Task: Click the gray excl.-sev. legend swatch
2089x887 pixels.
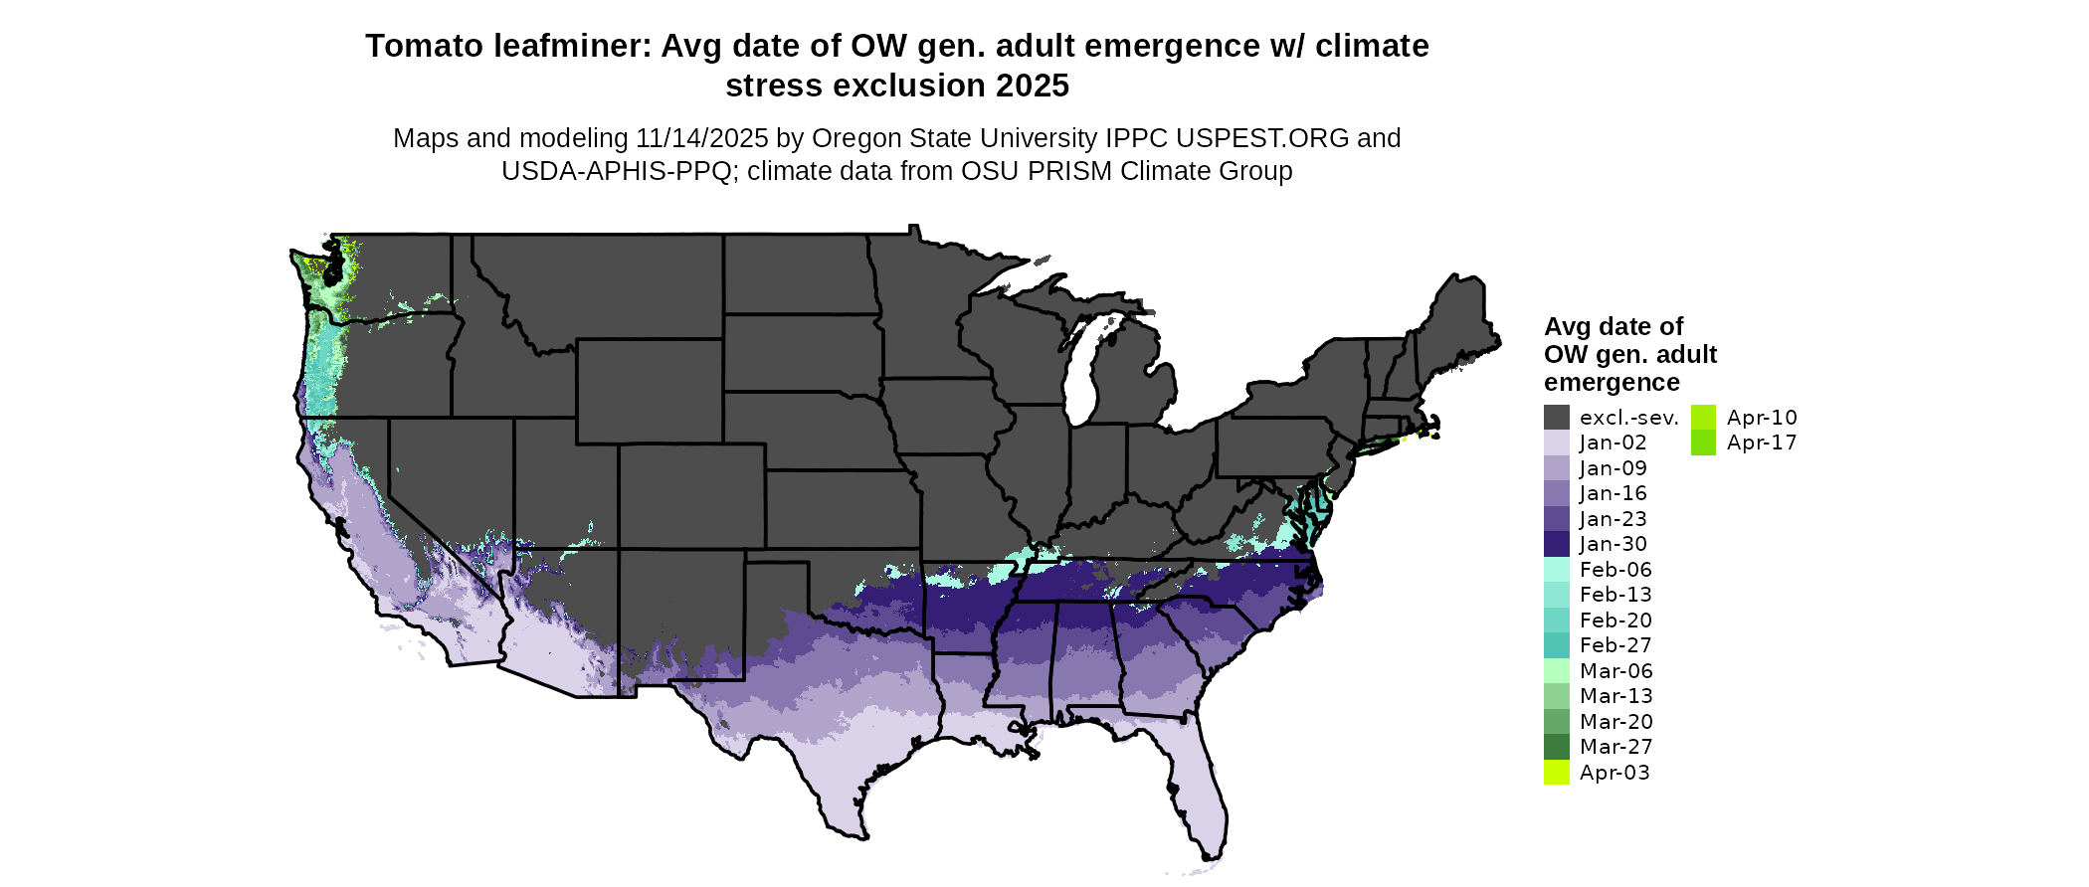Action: tap(1556, 418)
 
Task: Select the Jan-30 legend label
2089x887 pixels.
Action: tap(1613, 544)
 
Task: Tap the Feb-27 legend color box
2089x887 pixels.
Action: tap(1556, 645)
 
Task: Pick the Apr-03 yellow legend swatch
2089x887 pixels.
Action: tap(1556, 773)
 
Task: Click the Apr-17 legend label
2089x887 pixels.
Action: tap(1761, 443)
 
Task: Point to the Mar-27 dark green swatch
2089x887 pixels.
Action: tap(1556, 747)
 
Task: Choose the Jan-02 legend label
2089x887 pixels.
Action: tap(1613, 443)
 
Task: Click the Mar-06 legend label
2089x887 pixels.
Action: tap(1615, 671)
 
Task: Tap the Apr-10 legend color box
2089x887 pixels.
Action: tap(1703, 418)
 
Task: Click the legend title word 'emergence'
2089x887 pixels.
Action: tap(1612, 383)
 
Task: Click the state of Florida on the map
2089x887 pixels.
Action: tap(1194, 786)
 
